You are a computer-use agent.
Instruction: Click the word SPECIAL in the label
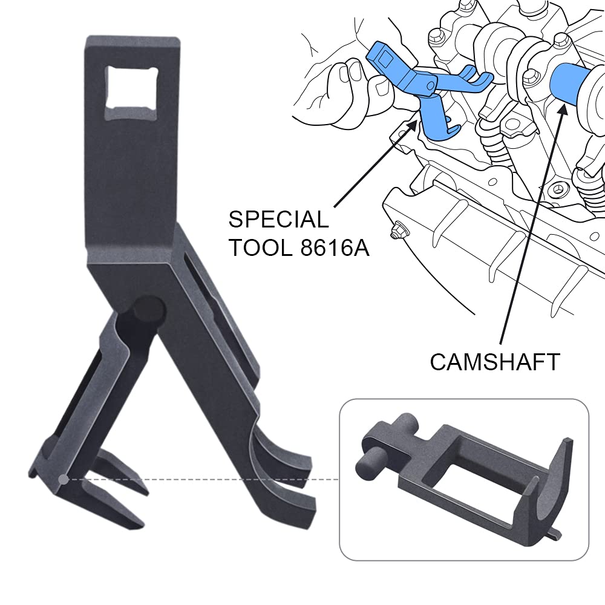tap(278, 220)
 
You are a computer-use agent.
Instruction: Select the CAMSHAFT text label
tap(495, 362)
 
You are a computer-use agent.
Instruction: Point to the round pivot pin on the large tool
tap(149, 309)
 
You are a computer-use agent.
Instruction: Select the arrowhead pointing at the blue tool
tap(413, 125)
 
